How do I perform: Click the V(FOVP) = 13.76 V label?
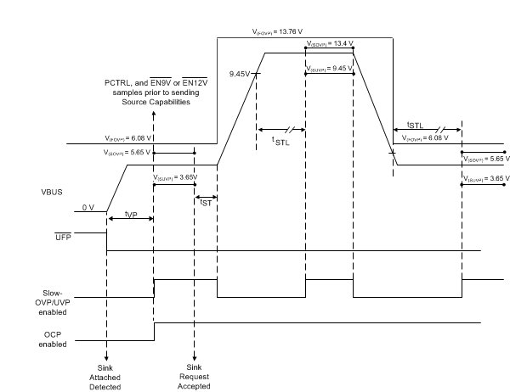coord(277,31)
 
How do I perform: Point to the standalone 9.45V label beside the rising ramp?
coord(240,74)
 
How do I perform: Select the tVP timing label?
coord(131,214)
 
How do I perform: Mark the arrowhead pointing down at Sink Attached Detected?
coord(106,357)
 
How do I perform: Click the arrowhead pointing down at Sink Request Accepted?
coord(195,357)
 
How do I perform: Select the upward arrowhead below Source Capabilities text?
coord(153,115)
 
